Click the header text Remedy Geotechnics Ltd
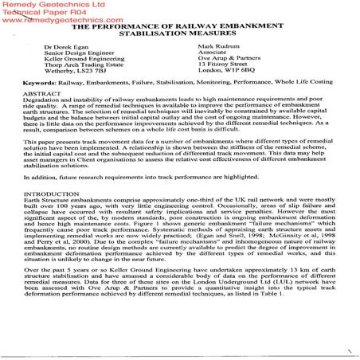[x=49, y=5]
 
